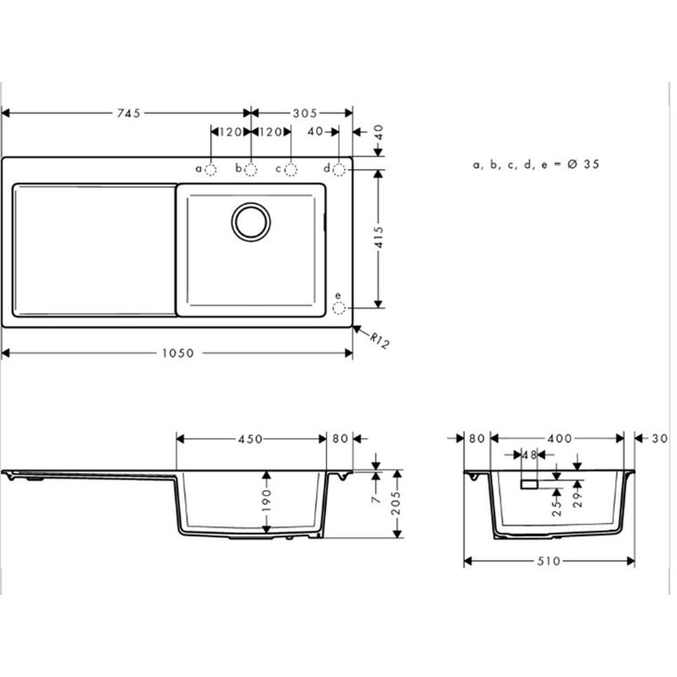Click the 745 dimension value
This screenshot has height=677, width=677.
[129, 113]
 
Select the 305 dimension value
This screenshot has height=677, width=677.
[305, 113]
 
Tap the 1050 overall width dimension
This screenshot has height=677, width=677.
[178, 353]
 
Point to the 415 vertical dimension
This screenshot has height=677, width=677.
[379, 237]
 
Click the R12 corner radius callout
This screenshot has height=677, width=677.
[379, 340]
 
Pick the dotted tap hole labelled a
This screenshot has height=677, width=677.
[211, 170]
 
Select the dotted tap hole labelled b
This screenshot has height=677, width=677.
[251, 170]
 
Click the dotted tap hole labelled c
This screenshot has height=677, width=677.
[291, 170]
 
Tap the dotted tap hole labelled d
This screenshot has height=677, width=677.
[339, 170]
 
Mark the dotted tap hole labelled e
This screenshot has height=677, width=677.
[339, 308]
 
